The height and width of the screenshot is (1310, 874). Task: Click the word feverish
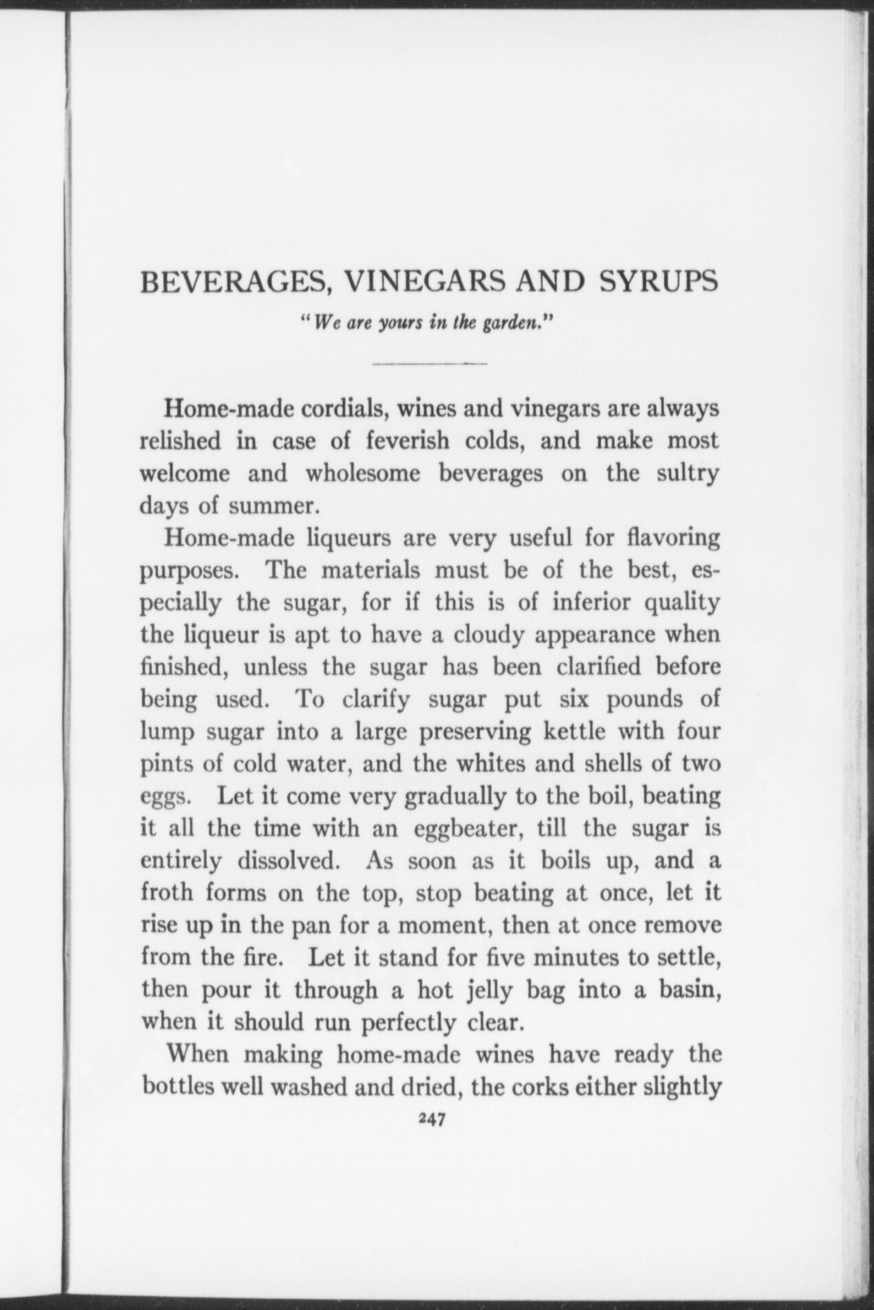click(408, 441)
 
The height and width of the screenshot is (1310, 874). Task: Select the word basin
click(690, 990)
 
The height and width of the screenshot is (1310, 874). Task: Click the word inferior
click(592, 602)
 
